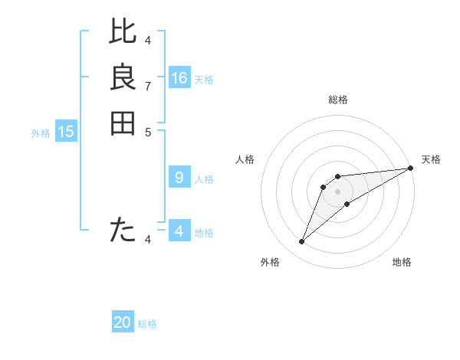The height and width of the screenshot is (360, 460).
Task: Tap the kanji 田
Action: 123,123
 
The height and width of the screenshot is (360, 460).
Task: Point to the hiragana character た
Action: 123,229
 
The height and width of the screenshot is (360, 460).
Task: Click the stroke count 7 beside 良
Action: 148,86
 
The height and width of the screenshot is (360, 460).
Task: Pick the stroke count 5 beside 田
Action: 148,132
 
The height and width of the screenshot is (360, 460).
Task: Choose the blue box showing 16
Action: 179,78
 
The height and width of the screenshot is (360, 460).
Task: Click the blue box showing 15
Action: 66,132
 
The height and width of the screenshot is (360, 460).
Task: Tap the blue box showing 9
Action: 179,178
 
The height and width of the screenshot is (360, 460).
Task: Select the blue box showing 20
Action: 123,322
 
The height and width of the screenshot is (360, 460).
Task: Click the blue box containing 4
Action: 179,231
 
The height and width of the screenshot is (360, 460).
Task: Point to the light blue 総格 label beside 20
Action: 147,324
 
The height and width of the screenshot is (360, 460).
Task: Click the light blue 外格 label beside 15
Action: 41,133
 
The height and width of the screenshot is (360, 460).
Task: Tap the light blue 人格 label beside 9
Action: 204,179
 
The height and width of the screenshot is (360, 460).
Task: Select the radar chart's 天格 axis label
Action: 431,159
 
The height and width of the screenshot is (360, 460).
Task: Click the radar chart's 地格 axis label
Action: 402,262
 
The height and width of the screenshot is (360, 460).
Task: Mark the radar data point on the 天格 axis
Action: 411,168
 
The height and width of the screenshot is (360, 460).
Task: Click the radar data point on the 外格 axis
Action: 302,242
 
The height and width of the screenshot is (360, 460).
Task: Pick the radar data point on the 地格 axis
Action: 347,203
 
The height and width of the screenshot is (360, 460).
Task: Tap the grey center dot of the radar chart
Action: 337,191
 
